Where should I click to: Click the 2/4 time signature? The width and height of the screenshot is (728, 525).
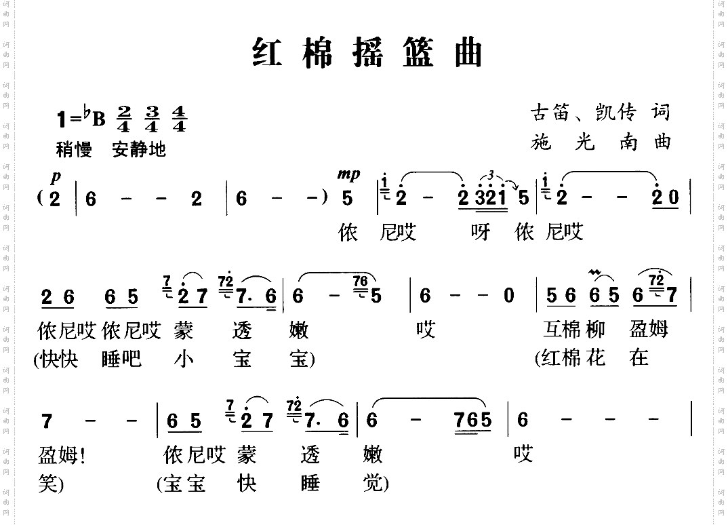point(124,119)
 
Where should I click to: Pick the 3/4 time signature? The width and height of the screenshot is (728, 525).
point(151,119)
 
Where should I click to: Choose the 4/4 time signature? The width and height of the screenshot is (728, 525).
point(178,119)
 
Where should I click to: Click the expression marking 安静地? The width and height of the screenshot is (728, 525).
point(139,149)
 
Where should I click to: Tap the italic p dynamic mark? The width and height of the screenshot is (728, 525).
point(56,177)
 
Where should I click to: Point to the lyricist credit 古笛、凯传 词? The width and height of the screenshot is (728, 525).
point(600,113)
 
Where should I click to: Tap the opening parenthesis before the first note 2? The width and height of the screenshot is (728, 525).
point(42,199)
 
